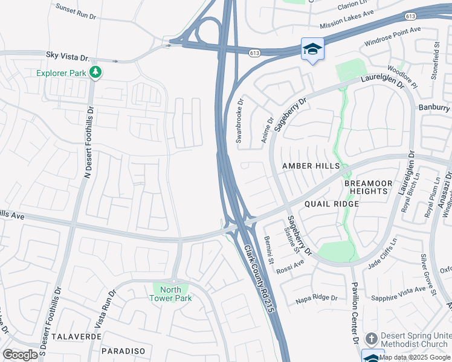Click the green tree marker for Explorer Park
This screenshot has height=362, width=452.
point(95,73)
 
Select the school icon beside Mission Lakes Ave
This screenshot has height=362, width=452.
point(312,49)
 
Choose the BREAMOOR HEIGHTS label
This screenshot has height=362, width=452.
point(365,187)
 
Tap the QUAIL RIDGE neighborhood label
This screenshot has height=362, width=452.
point(332,204)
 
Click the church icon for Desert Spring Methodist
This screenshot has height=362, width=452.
point(372,338)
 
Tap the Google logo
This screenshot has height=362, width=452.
point(21,354)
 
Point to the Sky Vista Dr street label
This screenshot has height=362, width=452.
point(68,55)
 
